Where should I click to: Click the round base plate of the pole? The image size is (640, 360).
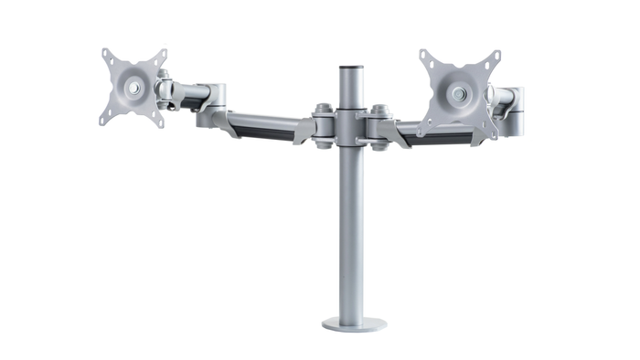point(353,324)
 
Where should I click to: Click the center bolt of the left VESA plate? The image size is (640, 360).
point(136,88)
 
